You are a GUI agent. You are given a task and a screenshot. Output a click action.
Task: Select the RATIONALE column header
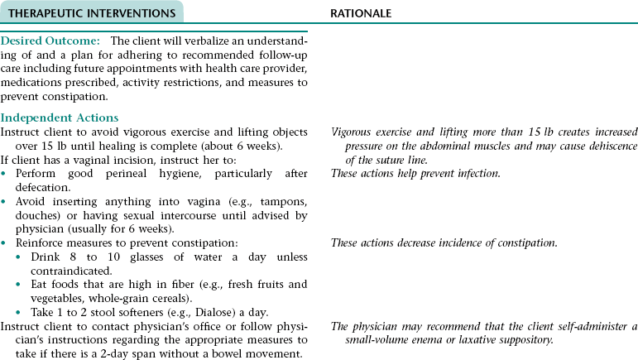(361, 14)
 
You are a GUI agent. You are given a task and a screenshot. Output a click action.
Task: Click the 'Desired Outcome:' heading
(52, 41)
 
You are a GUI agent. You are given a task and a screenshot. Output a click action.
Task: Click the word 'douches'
(31, 217)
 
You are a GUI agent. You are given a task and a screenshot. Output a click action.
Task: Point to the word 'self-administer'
(590, 325)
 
